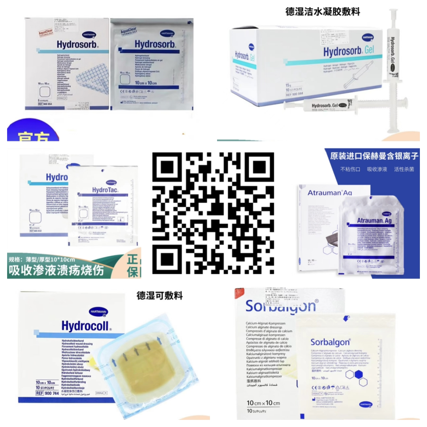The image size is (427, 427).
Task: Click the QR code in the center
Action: point(213,213)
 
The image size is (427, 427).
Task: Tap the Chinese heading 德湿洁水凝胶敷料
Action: point(323,11)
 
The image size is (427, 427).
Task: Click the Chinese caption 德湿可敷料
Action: point(160,295)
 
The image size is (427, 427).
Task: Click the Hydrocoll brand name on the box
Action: point(87,325)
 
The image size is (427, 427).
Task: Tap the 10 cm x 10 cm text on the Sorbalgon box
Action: point(263,403)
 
